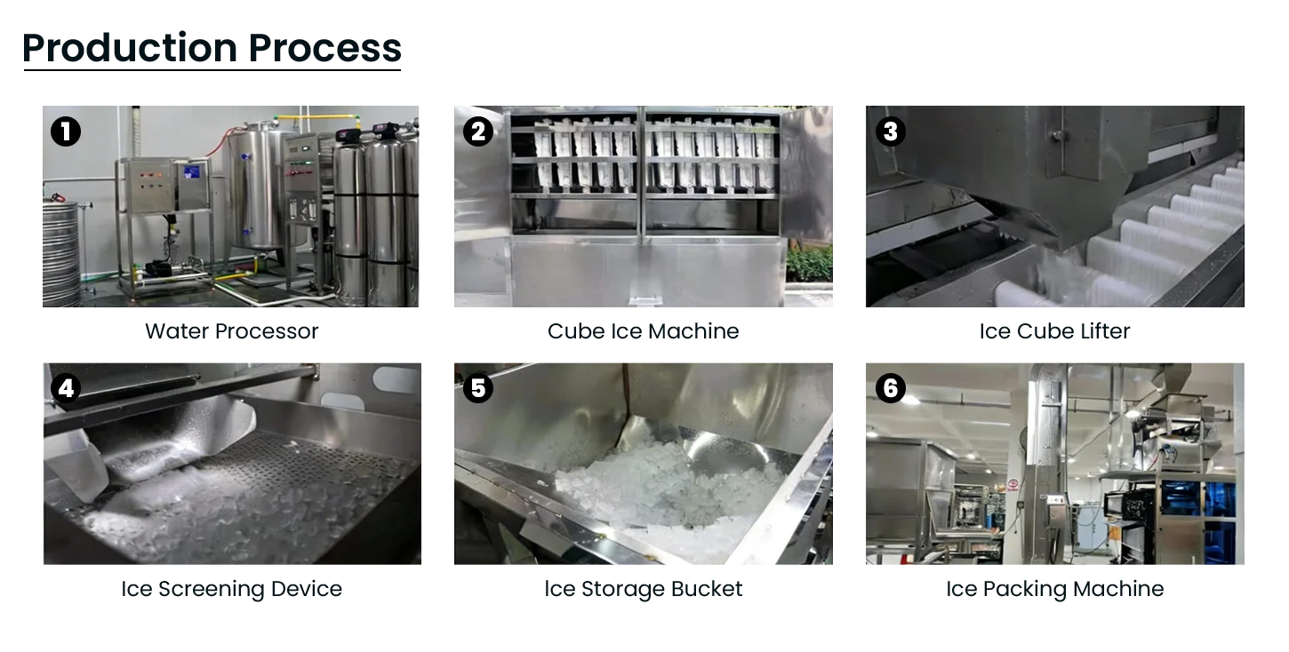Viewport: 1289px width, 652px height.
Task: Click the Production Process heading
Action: (x=213, y=50)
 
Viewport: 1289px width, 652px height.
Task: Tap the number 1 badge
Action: (x=66, y=131)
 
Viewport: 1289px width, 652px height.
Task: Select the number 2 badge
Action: (x=478, y=131)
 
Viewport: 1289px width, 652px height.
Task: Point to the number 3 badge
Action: (x=890, y=131)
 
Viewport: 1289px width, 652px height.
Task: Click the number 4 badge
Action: (x=66, y=389)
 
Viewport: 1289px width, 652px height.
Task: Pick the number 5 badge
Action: (x=478, y=389)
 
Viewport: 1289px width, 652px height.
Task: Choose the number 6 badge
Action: (x=890, y=389)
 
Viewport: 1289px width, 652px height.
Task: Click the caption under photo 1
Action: (x=230, y=331)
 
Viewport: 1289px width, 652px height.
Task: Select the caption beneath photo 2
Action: (x=643, y=331)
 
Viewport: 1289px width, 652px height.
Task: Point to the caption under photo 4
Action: (x=234, y=588)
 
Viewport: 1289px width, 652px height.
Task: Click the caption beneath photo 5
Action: (x=643, y=588)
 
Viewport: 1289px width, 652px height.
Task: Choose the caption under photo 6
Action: (x=1055, y=588)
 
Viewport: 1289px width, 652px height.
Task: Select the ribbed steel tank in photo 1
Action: (x=60, y=253)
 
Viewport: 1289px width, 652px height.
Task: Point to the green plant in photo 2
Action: (x=810, y=263)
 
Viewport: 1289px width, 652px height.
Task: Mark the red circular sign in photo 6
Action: (x=1013, y=485)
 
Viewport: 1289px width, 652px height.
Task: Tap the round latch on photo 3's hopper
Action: (x=1056, y=136)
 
